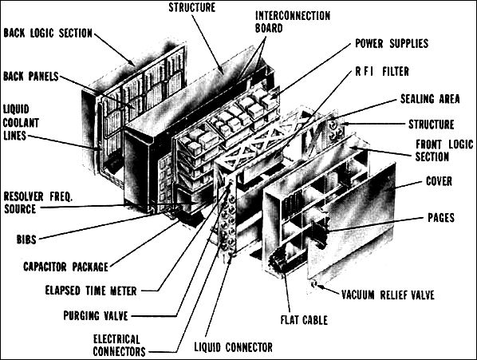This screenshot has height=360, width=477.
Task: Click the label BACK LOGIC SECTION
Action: pos(48,34)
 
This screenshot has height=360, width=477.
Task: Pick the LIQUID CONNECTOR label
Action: pos(234,347)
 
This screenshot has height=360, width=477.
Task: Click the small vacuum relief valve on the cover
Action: pos(317,284)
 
